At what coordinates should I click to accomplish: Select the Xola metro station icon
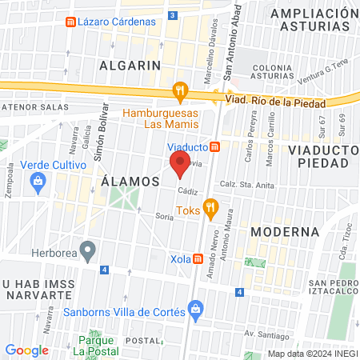[x=198, y=258]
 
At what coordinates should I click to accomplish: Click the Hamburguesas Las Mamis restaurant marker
[x=181, y=92]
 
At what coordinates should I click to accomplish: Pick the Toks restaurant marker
[x=211, y=210]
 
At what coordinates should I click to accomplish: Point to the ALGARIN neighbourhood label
[x=130, y=65]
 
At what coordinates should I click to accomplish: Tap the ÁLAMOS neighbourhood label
[x=131, y=182]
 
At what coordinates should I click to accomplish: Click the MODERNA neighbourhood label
[x=285, y=231]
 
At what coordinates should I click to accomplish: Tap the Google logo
[x=26, y=350]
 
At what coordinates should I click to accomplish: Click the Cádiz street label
[x=188, y=191]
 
